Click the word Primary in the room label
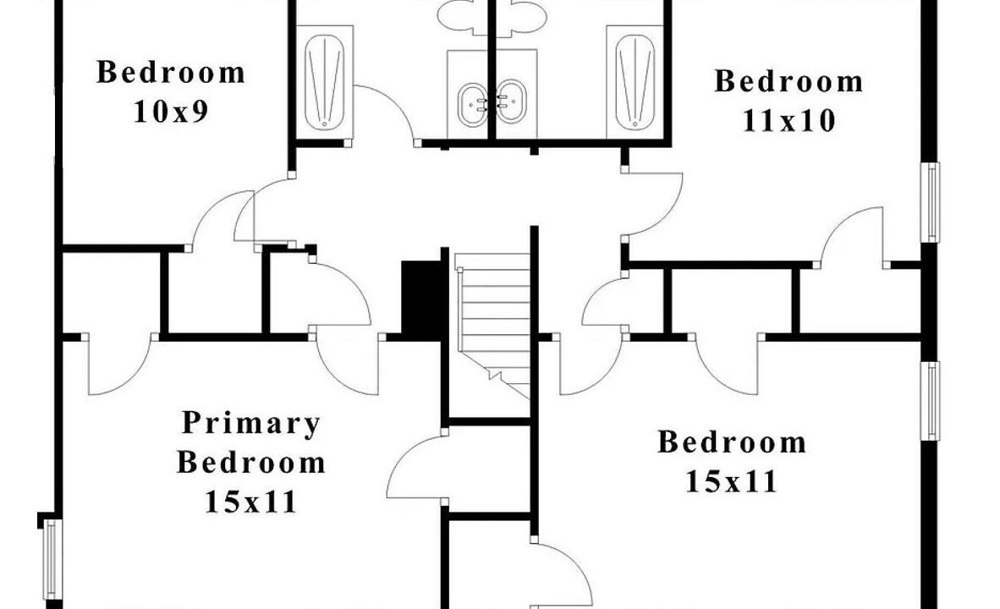click(250, 424)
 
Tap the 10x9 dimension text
click(171, 112)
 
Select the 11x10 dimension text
click(788, 120)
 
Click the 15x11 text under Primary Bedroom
click(250, 502)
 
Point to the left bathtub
click(325, 82)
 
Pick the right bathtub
click(635, 82)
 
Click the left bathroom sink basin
click(473, 103)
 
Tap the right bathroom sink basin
click(511, 101)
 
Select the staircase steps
click(493, 322)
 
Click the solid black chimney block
click(421, 299)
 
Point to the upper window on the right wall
click(931, 202)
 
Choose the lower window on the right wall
click(931, 401)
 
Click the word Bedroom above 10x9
click(171, 72)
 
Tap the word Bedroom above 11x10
click(788, 82)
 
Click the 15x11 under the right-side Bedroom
click(732, 482)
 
